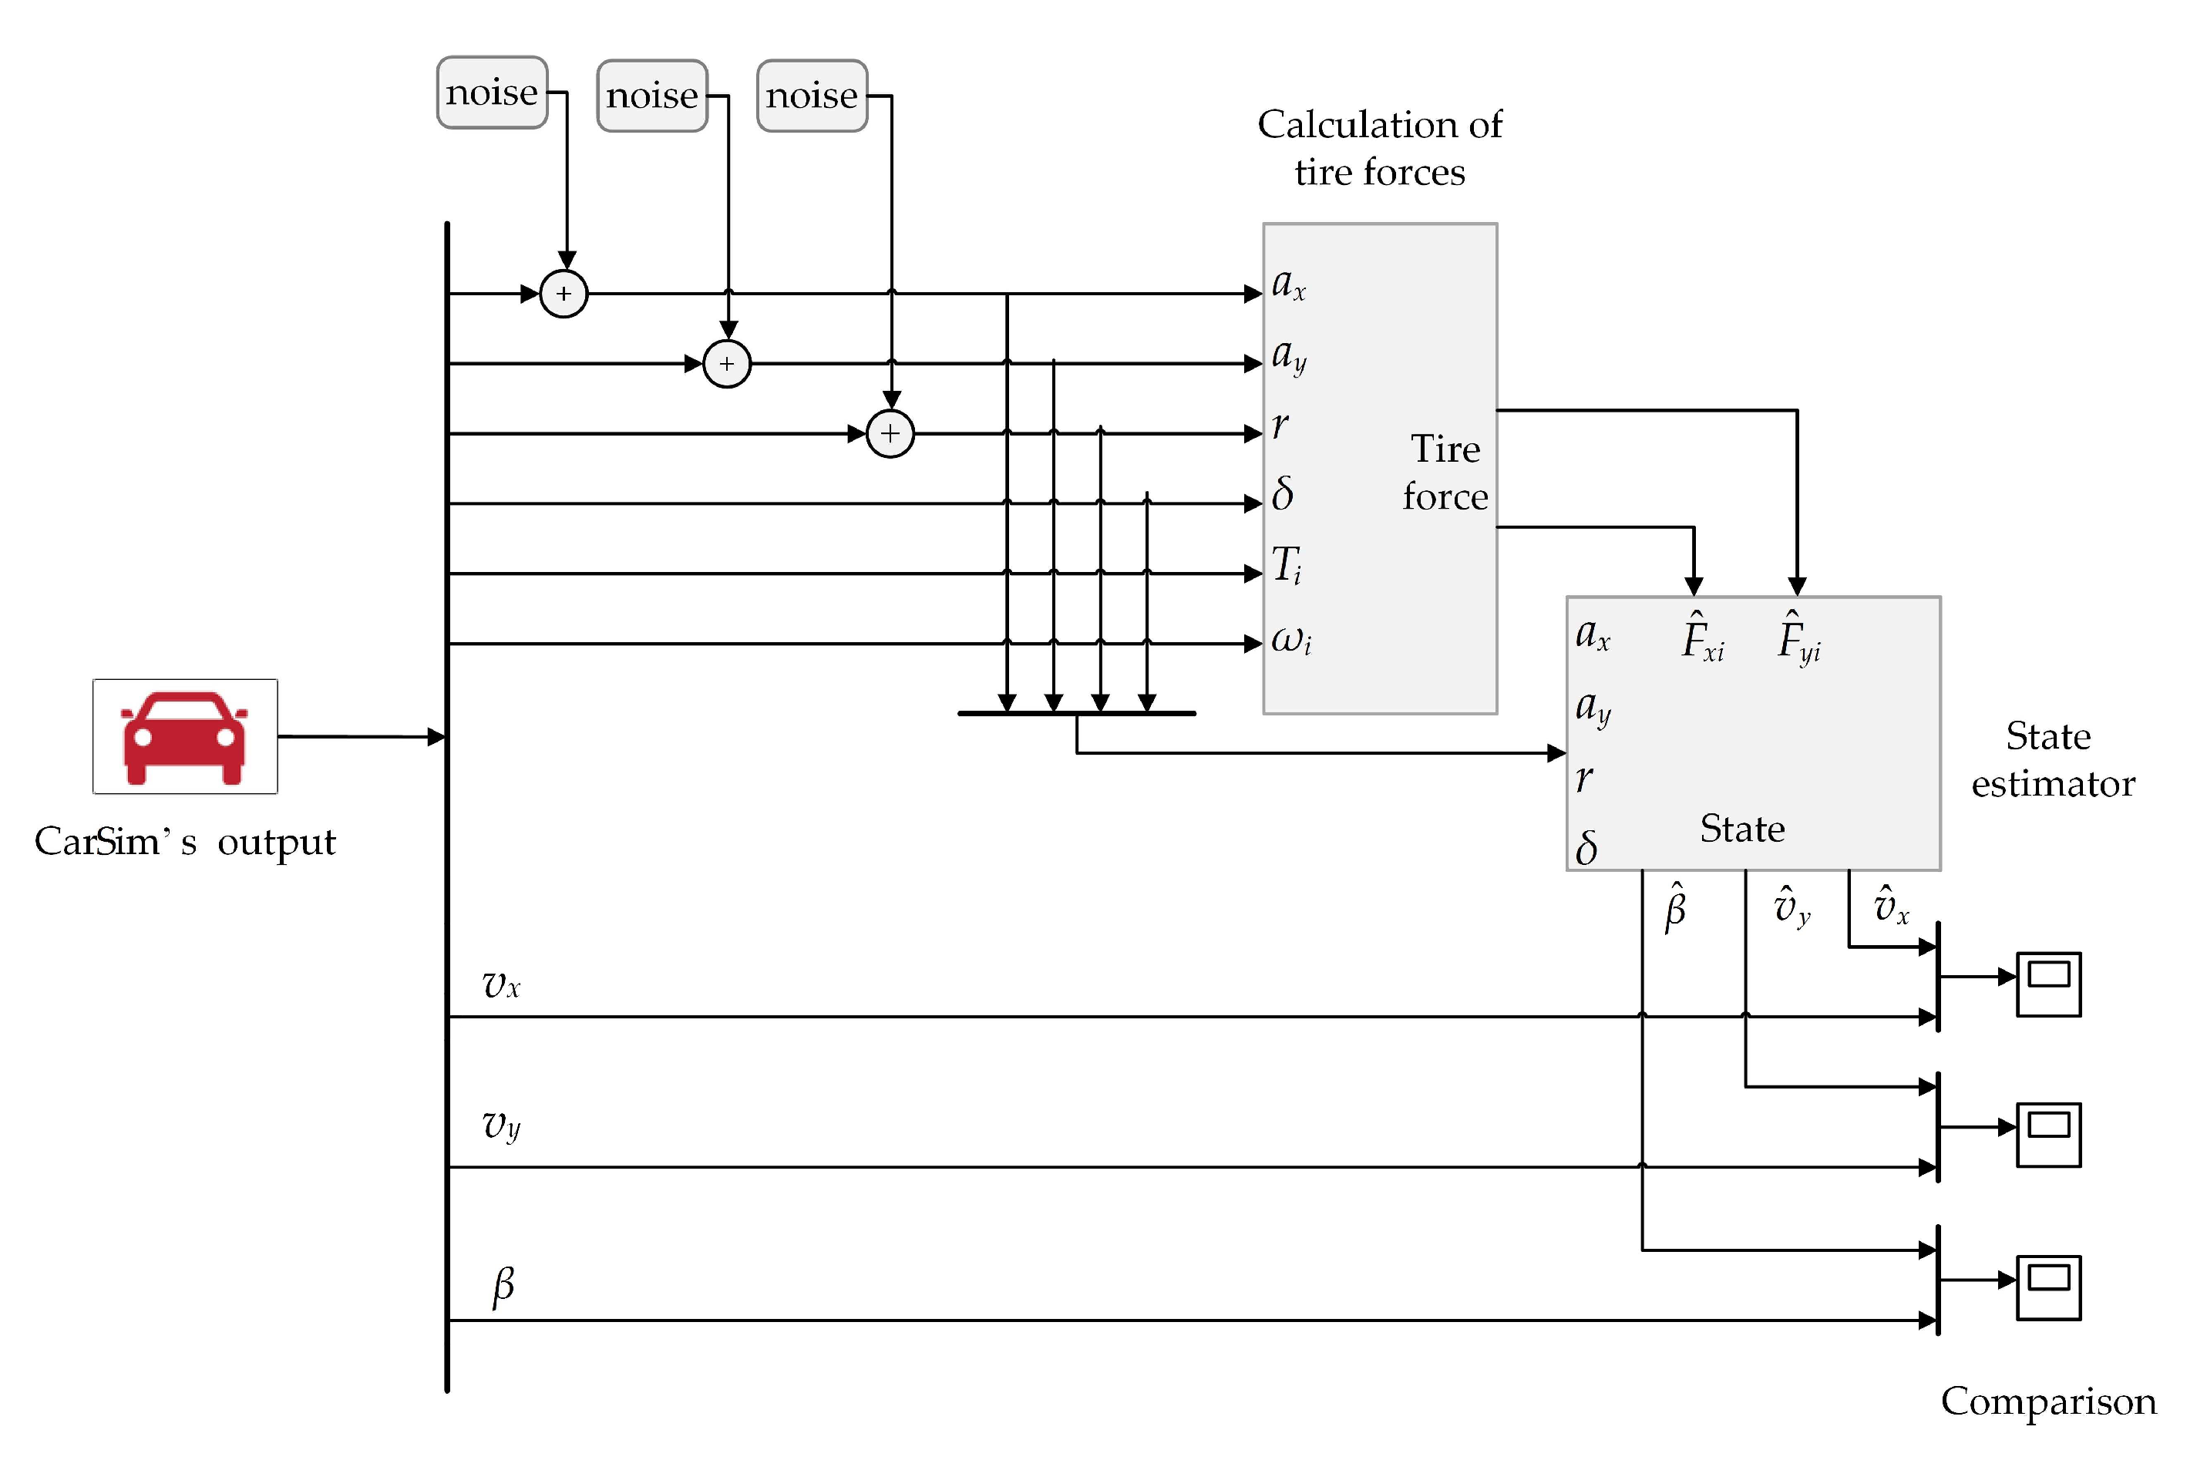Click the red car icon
point(184,737)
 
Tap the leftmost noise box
point(492,93)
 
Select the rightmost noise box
point(812,95)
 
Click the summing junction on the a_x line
point(564,294)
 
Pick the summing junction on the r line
point(890,433)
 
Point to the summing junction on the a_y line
point(727,364)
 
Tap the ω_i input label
point(1291,641)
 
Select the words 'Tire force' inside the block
point(1445,473)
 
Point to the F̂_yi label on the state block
point(1798,638)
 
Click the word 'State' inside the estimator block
point(1742,829)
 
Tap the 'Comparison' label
point(2048,1401)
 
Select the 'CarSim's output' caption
point(184,842)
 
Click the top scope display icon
point(2048,984)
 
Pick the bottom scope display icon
point(2048,1287)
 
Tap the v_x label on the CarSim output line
point(501,985)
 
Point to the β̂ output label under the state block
point(1675,908)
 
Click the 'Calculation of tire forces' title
point(1380,148)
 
